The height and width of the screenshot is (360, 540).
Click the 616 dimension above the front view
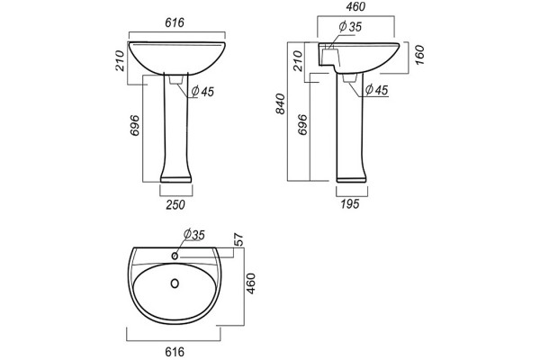[x=175, y=22]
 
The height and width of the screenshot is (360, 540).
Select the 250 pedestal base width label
[x=175, y=204]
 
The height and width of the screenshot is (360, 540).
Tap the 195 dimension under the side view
[x=350, y=204]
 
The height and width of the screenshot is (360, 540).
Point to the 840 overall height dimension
[x=281, y=103]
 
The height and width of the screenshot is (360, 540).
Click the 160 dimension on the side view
[x=419, y=55]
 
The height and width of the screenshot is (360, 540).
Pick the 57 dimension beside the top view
[x=239, y=239]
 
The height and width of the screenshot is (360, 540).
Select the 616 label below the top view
[x=175, y=352]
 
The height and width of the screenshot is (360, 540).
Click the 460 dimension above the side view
[x=355, y=6]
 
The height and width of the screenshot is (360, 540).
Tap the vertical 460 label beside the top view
[x=251, y=283]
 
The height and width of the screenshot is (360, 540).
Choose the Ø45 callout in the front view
[x=202, y=91]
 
